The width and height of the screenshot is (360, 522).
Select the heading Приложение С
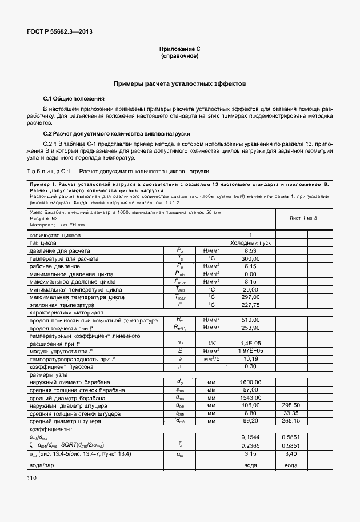tap(179, 50)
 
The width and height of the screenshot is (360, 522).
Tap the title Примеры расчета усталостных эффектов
tap(179, 83)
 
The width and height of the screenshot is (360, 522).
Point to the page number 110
tap(30, 493)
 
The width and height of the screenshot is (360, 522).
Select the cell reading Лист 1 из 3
tap(303, 218)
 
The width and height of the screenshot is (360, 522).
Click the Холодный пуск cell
tap(250, 243)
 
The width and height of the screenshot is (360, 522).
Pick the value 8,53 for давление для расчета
tap(250, 251)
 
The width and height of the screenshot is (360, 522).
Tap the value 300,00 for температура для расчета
tap(250, 258)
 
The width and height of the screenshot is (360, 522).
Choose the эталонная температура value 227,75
tap(250, 305)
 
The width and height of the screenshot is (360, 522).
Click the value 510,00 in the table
tap(250, 321)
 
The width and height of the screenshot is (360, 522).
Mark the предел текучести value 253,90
tap(250, 328)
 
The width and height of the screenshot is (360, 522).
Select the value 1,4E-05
tap(250, 343)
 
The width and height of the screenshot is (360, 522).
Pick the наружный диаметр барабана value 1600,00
tap(250, 382)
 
